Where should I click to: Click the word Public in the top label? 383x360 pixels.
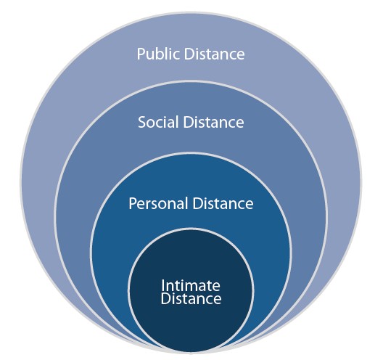pos(158,54)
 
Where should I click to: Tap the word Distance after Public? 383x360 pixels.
pos(214,54)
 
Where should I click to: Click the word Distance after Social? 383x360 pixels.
pos(213,122)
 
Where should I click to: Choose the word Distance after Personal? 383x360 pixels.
pos(223,203)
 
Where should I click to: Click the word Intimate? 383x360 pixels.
pos(191,285)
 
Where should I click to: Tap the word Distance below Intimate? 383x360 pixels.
pos(191,298)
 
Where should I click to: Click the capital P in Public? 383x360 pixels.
pos(141,54)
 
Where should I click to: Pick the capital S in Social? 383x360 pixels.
pos(142,122)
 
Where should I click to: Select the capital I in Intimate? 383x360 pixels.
pos(162,285)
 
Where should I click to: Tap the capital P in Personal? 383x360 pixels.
pos(133,203)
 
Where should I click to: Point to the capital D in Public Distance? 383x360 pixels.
pos(189,54)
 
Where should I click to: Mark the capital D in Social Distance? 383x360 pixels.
pos(189,122)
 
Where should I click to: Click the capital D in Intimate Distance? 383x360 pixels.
pos(166,298)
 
